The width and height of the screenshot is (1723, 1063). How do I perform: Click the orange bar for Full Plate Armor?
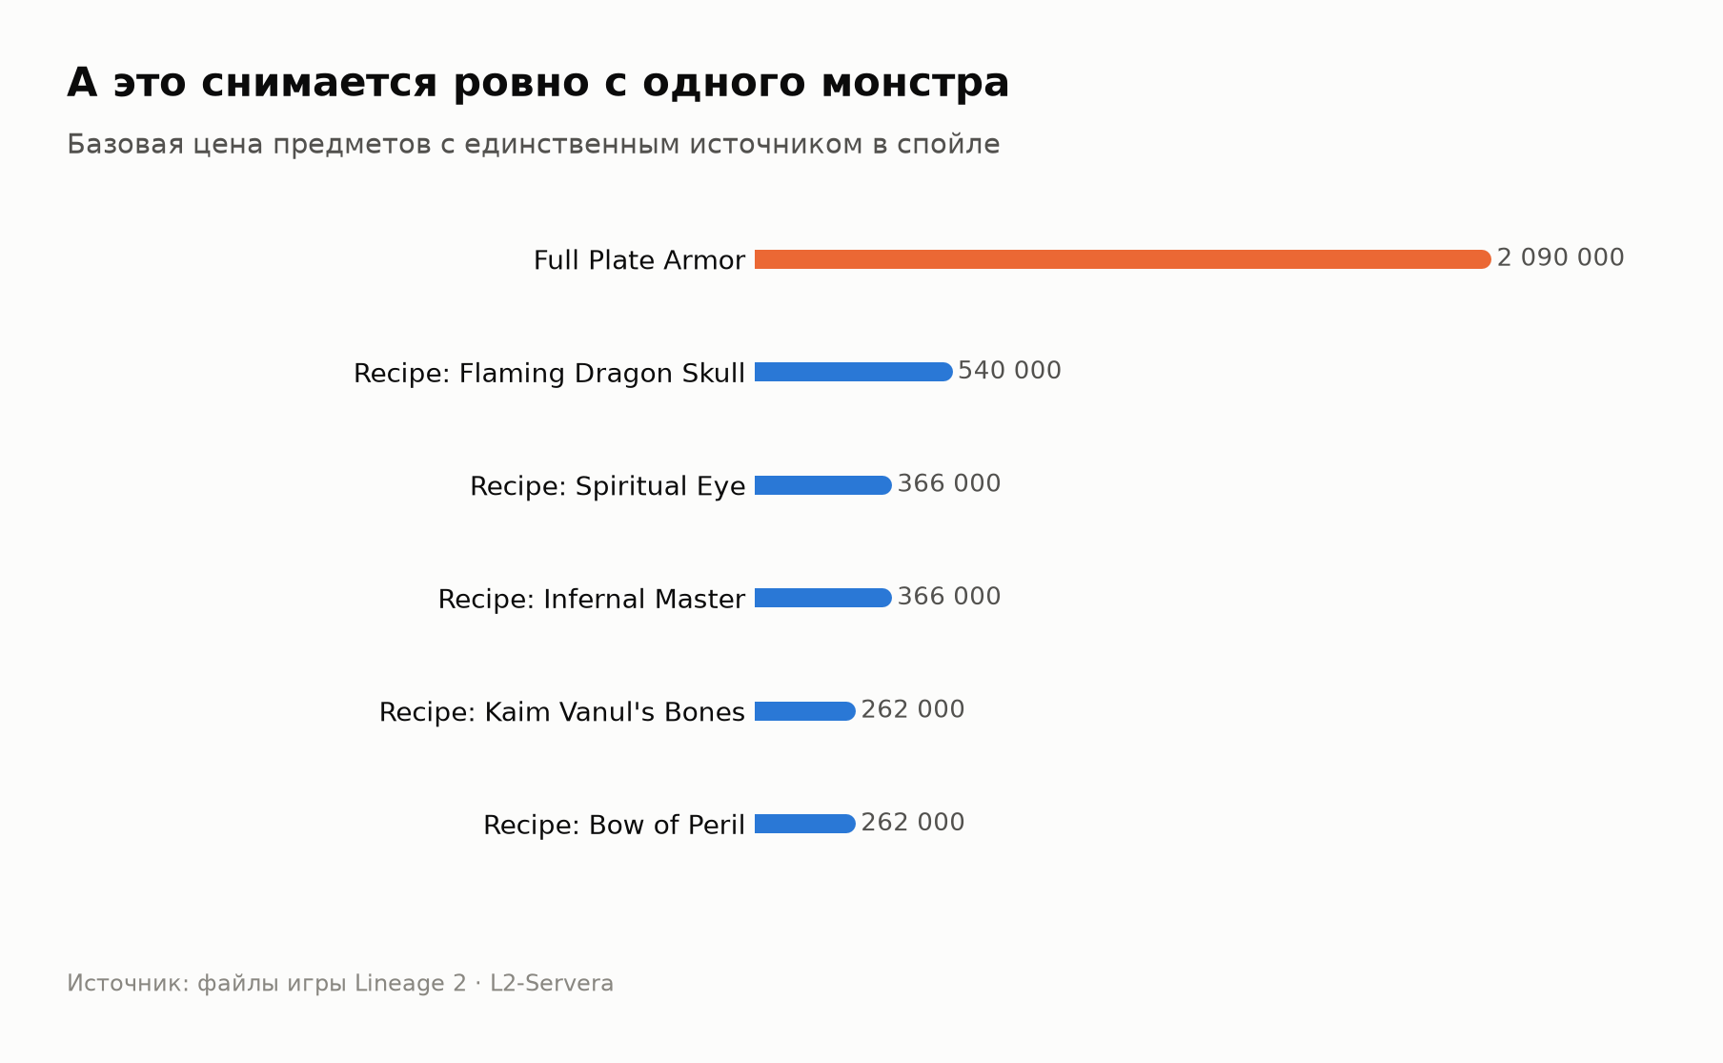pyautogui.click(x=1123, y=259)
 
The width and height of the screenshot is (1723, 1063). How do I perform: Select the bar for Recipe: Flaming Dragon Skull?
pyautogui.click(x=854, y=372)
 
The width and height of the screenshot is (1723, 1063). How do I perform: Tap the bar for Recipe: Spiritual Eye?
pyautogui.click(x=823, y=485)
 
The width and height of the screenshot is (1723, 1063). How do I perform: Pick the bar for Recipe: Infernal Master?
pyautogui.click(x=823, y=598)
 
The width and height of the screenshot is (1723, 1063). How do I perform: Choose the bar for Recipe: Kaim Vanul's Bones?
pyautogui.click(x=805, y=711)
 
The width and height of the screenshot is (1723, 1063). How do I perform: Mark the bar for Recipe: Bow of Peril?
pyautogui.click(x=805, y=824)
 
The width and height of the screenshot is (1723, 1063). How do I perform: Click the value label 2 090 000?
pyautogui.click(x=1560, y=258)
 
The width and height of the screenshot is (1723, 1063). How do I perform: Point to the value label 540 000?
pyautogui.click(x=1009, y=371)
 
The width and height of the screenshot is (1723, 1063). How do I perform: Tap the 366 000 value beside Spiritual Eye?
pyautogui.click(x=949, y=484)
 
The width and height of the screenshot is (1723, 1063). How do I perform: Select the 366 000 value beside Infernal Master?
pyautogui.click(x=949, y=597)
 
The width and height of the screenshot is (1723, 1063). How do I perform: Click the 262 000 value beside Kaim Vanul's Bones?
pyautogui.click(x=913, y=710)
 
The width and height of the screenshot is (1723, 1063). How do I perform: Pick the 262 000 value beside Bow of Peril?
pyautogui.click(x=913, y=823)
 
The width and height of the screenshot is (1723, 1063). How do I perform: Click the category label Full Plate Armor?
pyautogui.click(x=639, y=260)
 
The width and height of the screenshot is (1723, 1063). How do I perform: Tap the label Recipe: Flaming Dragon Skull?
pyautogui.click(x=549, y=374)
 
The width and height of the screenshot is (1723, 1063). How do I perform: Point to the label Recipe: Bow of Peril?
pyautogui.click(x=614, y=825)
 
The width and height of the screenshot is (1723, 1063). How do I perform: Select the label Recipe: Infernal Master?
pyautogui.click(x=591, y=599)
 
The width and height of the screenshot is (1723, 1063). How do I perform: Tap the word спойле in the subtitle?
pyautogui.click(x=948, y=145)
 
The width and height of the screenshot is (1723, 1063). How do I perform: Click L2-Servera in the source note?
pyautogui.click(x=552, y=983)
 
